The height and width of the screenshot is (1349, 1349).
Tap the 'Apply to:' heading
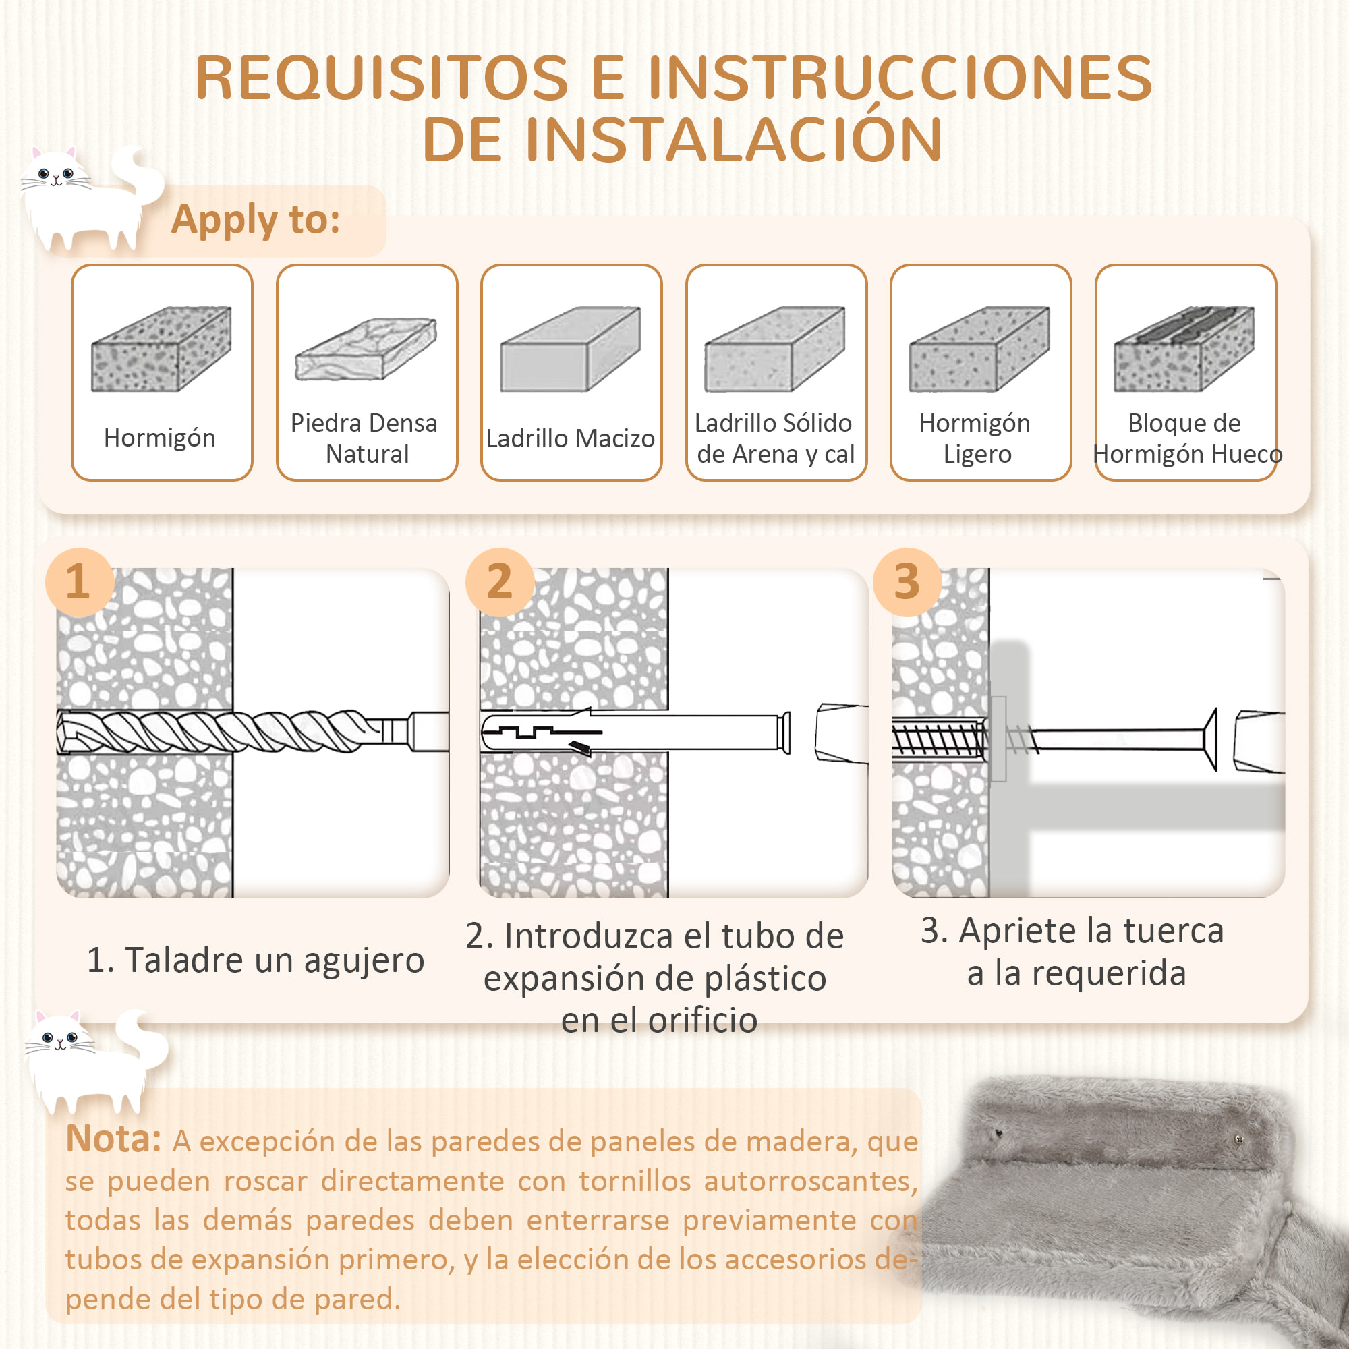(256, 220)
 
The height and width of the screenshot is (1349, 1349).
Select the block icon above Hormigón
(161, 349)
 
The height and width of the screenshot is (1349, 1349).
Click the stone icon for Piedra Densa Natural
(366, 349)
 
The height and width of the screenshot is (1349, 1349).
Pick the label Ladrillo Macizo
(570, 438)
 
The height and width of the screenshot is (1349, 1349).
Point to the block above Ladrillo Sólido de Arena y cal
(775, 349)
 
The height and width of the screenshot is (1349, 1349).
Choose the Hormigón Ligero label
(976, 438)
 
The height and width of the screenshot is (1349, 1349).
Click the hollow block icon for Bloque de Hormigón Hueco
(1184, 349)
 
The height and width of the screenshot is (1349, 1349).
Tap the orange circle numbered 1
(79, 581)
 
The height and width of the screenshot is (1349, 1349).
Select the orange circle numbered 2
(499, 581)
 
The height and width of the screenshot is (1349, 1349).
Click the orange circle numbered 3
(907, 581)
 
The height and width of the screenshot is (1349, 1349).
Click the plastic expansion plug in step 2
(629, 732)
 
